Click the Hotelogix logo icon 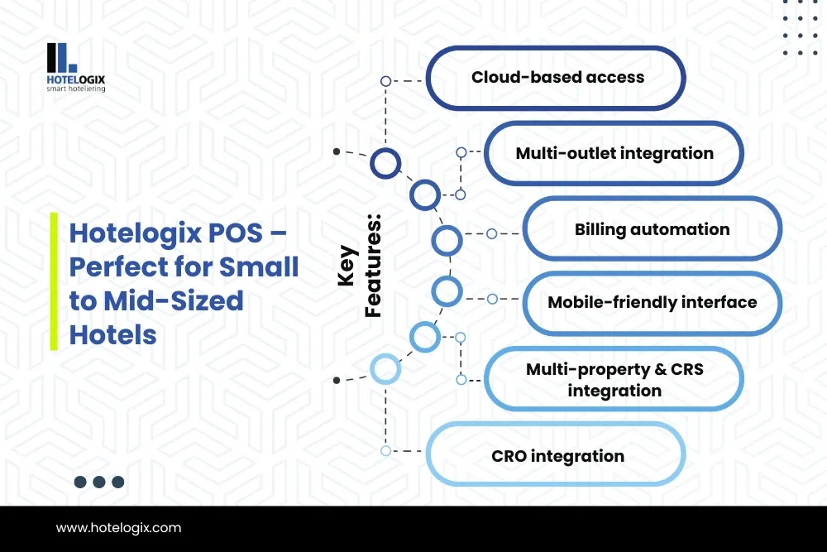coord(62,58)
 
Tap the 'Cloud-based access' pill coord(556,78)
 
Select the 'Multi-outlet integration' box coord(614,153)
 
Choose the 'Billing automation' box coord(653,229)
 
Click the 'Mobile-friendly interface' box coord(653,303)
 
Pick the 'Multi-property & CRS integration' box coord(614,379)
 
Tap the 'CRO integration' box coord(556,454)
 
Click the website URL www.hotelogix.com coord(118,528)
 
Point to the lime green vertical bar coord(54,281)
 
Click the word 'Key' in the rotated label coord(347,266)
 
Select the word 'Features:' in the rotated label coord(373,266)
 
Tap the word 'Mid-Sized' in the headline coord(174,300)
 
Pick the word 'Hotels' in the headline coord(112,335)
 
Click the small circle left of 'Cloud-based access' coord(385,81)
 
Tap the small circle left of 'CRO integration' coord(385,451)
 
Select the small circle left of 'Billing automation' coord(491,233)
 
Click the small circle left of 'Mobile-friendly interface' coord(492,300)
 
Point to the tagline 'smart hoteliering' coord(76,89)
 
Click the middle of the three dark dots coord(99,482)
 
